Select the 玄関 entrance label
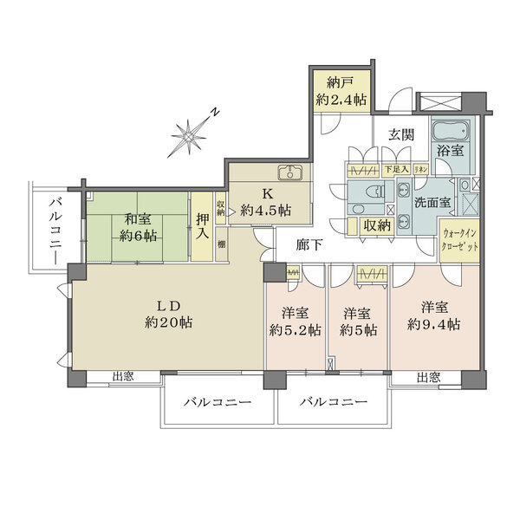coord(400,135)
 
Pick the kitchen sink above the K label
coord(289,171)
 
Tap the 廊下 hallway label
coord(310,245)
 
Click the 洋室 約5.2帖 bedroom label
coord(296,320)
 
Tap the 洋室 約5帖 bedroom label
coord(358,320)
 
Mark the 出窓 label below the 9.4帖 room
coord(426,378)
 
